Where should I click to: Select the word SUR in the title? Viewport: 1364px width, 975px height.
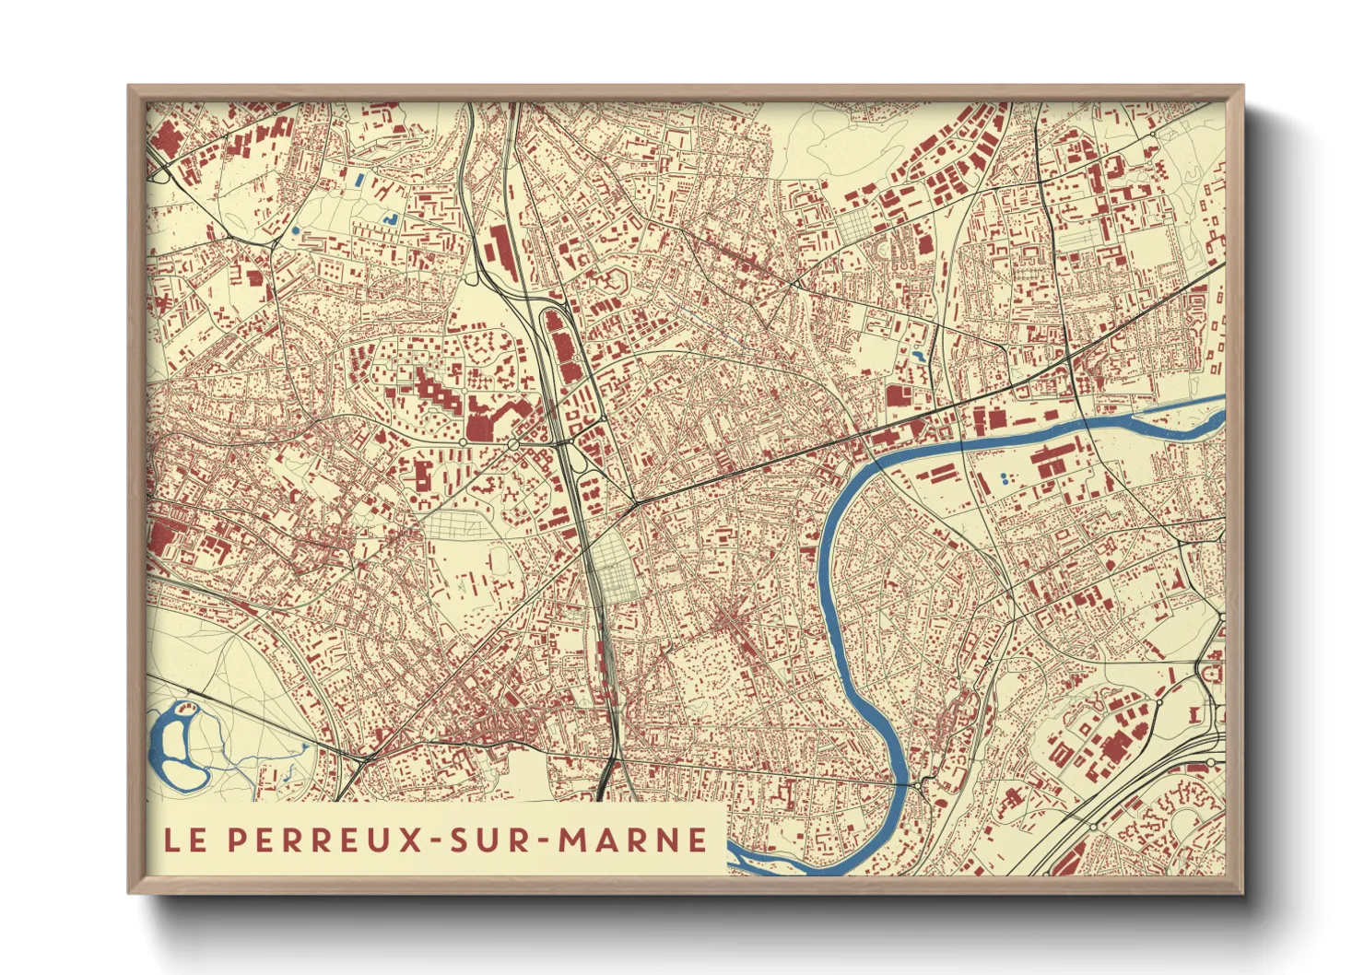click(x=488, y=840)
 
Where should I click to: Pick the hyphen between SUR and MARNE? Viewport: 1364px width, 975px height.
click(x=543, y=840)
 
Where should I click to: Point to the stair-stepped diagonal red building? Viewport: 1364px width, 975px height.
click(x=438, y=392)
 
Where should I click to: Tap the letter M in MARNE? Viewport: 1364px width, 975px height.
click(x=577, y=840)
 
